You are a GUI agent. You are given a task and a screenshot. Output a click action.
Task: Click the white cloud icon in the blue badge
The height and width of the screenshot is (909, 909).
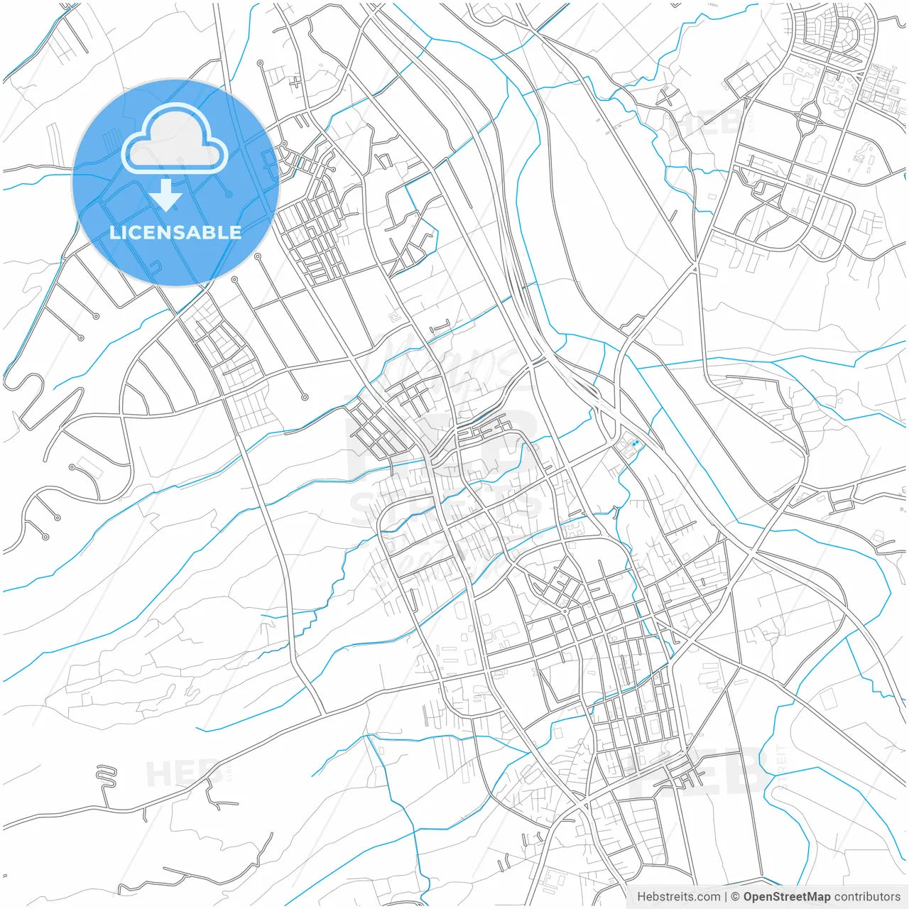(175, 140)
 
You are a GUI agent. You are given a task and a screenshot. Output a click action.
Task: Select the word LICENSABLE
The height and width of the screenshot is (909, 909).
(175, 233)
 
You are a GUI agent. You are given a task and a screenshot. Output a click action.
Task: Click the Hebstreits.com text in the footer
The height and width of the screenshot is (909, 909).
(678, 897)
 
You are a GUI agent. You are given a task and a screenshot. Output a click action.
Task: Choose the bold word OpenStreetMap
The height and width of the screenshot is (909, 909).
(786, 897)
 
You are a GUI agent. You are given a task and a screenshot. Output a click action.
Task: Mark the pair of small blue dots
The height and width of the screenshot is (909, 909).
(635, 444)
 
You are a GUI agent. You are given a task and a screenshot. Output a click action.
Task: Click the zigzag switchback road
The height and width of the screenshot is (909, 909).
(106, 775)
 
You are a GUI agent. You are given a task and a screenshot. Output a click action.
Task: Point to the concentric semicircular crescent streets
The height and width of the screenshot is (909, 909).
(845, 32)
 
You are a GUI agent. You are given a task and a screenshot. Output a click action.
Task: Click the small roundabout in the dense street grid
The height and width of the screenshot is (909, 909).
(565, 611)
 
